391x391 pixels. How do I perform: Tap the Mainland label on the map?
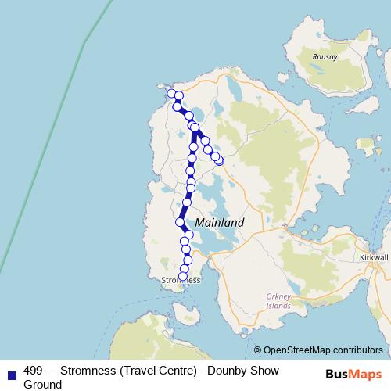219,222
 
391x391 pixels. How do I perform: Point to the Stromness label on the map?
181,280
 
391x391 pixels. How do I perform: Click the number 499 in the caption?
34,371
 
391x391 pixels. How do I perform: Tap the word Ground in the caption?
43,385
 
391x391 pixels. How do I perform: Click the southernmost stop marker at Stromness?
184,276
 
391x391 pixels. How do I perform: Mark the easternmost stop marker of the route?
220,160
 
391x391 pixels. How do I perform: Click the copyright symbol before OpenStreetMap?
257,350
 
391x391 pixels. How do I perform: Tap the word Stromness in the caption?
90,371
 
